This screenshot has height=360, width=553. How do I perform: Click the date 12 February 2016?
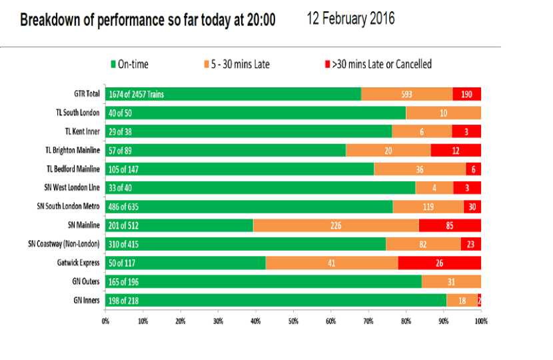tap(350, 19)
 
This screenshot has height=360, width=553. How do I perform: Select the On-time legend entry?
tap(129, 64)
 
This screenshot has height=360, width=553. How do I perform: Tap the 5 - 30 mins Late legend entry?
tap(237, 64)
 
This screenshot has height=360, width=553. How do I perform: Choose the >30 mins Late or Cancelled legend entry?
tap(378, 64)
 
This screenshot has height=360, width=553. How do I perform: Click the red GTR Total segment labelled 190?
tap(467, 94)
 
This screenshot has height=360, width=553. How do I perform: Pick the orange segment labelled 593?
tap(407, 94)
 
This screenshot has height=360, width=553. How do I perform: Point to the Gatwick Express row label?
tap(79, 263)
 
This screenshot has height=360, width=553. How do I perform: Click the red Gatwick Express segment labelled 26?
tap(440, 263)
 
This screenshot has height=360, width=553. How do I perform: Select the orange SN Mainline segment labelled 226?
tap(336, 225)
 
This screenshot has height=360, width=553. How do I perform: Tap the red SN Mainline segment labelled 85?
tap(450, 225)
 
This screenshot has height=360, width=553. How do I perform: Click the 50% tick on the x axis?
tap(293, 310)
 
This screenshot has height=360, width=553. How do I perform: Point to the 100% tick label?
tap(481, 321)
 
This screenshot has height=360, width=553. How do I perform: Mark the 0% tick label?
tap(105, 321)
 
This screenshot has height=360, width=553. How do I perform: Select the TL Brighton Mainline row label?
tap(73, 151)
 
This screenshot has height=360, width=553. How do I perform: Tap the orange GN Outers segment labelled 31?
tap(452, 281)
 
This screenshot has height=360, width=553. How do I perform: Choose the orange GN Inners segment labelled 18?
tap(462, 301)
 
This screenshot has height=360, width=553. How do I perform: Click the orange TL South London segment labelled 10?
tap(444, 113)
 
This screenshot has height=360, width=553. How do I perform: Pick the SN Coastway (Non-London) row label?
tap(64, 244)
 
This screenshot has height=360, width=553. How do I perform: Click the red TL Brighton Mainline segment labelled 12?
tap(456, 151)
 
